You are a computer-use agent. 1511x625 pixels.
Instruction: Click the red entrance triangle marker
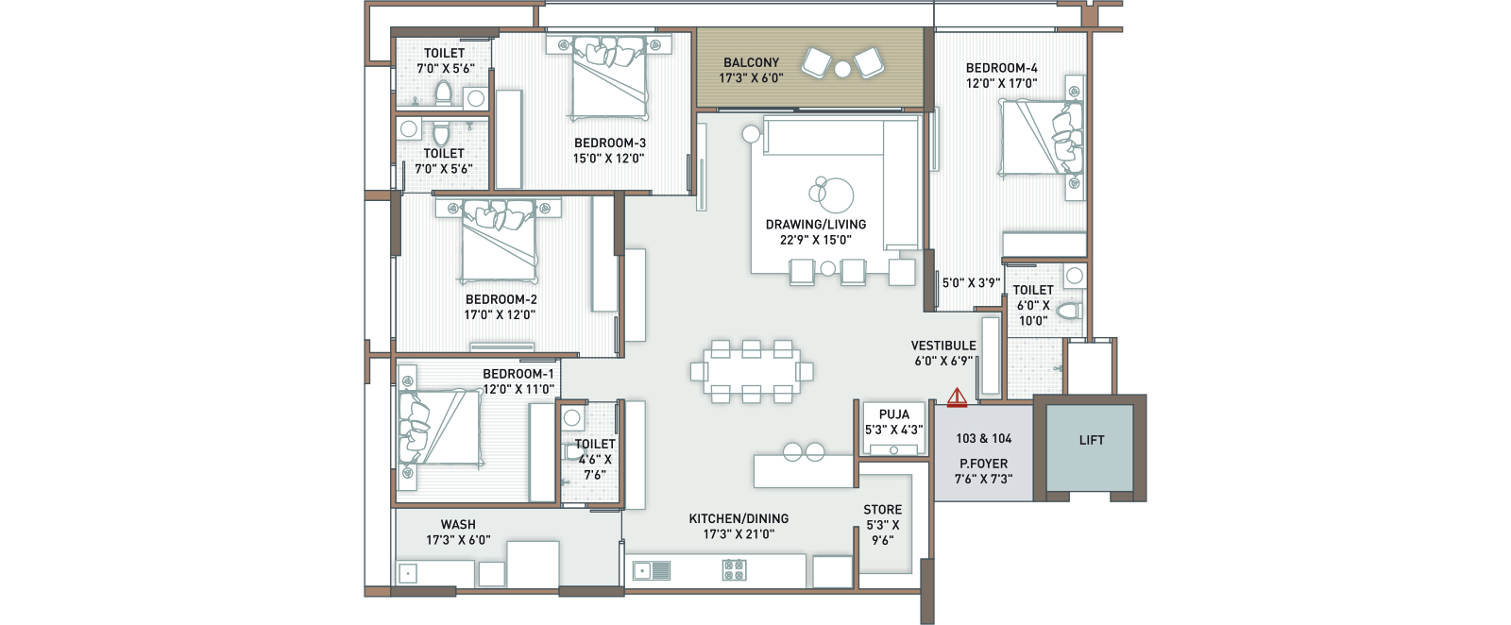click(x=957, y=397)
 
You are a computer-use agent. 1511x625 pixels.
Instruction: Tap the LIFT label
click(x=1092, y=440)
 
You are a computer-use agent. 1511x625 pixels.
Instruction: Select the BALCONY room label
click(x=752, y=62)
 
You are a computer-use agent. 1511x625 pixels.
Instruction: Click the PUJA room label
click(x=893, y=414)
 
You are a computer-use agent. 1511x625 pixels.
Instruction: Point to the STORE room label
click(x=882, y=510)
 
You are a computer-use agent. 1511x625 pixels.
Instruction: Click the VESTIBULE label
click(x=943, y=346)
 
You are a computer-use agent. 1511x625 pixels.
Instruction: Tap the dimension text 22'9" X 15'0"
click(x=816, y=240)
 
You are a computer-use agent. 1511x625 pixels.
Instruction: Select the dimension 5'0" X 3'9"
click(x=971, y=283)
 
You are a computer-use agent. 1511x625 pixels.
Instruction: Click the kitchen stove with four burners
click(x=734, y=569)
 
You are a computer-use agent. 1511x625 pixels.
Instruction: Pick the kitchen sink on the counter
click(x=652, y=571)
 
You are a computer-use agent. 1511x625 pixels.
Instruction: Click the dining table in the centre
click(x=752, y=371)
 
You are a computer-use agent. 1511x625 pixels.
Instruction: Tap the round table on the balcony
click(x=842, y=69)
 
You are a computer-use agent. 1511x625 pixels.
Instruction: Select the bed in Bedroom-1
click(x=440, y=428)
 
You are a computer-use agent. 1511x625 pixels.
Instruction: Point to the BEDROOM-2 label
click(x=501, y=299)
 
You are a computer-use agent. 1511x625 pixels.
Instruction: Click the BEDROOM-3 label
click(x=610, y=143)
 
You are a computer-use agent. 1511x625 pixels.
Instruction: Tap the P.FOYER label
click(x=983, y=464)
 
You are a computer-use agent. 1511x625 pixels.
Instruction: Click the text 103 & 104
click(x=983, y=438)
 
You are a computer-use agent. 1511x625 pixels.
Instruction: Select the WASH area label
click(x=458, y=525)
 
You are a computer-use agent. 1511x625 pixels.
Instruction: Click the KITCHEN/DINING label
click(x=739, y=518)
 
